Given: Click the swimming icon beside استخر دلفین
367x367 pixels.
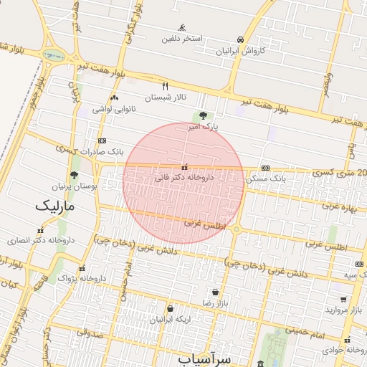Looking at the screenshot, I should (182, 27).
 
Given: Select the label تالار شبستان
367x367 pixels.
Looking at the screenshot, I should (166, 97).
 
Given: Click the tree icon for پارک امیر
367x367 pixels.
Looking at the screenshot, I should (204, 115).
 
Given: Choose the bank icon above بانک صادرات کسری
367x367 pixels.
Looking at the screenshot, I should (102, 141).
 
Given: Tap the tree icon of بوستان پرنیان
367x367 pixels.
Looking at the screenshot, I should (74, 175).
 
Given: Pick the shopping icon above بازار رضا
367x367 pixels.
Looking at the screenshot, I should (216, 292).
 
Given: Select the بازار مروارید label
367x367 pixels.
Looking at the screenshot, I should (341, 310).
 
